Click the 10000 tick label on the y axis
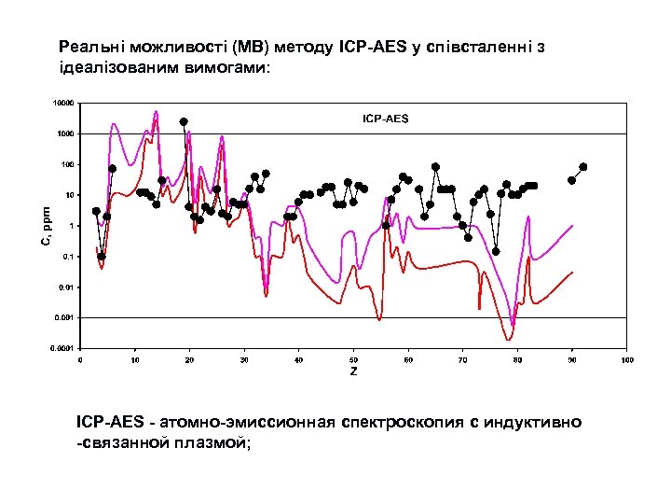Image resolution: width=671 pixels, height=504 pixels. (62, 103)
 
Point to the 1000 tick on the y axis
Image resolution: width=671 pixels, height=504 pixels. (64, 133)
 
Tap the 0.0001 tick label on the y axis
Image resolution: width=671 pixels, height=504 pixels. (62, 348)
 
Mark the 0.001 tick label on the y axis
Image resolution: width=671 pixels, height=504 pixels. (64, 317)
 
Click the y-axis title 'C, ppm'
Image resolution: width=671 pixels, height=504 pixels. (46, 226)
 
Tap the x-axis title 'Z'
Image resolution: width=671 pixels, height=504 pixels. (353, 371)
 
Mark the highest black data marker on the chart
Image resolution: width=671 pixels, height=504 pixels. (184, 121)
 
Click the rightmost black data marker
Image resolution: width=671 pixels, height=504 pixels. (583, 167)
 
